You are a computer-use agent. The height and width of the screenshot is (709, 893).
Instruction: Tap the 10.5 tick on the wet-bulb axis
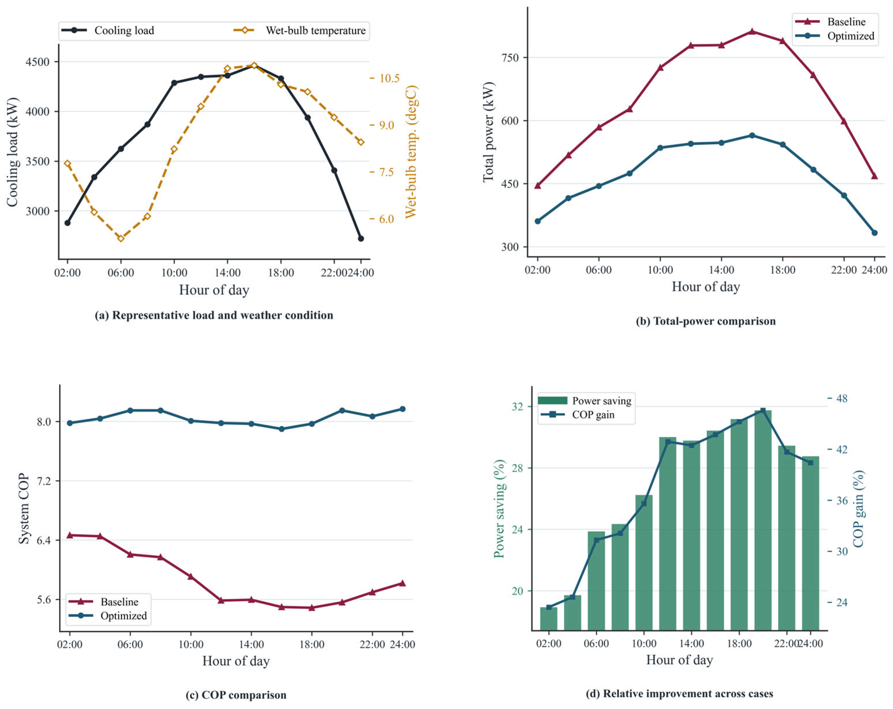coord(390,78)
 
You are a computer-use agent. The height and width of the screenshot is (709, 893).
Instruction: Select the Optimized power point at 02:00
coord(538,221)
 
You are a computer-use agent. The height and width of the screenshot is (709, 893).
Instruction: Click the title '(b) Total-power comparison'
coord(705,321)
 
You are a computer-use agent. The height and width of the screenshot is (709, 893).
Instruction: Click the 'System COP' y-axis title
coord(24,509)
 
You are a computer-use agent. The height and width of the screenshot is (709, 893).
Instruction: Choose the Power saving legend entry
coord(584,401)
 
